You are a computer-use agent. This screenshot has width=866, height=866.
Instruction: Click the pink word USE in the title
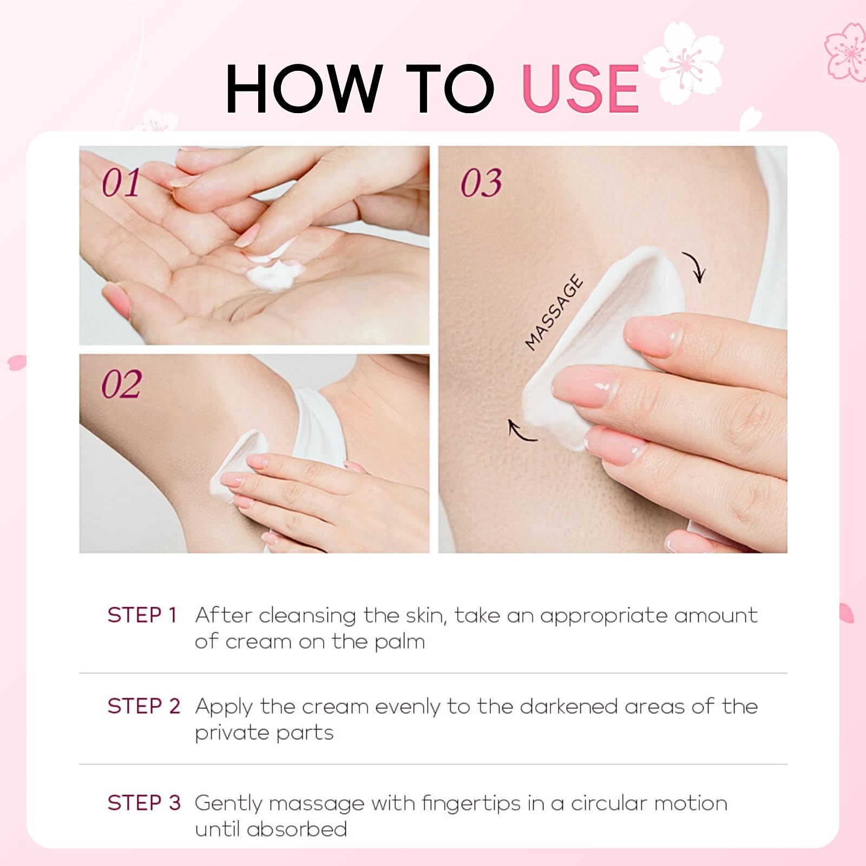[581, 89]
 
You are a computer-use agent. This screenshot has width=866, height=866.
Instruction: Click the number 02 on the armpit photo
[122, 384]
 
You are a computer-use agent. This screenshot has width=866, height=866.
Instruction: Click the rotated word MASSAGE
[554, 313]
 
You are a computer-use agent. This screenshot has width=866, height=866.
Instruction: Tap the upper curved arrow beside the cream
[694, 267]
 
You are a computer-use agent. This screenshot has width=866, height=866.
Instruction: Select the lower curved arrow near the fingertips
[521, 431]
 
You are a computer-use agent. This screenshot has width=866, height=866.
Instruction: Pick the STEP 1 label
[142, 615]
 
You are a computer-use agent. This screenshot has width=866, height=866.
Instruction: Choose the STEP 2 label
[143, 706]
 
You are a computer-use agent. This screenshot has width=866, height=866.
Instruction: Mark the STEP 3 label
[143, 803]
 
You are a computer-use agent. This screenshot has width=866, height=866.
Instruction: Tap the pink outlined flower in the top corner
[847, 51]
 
